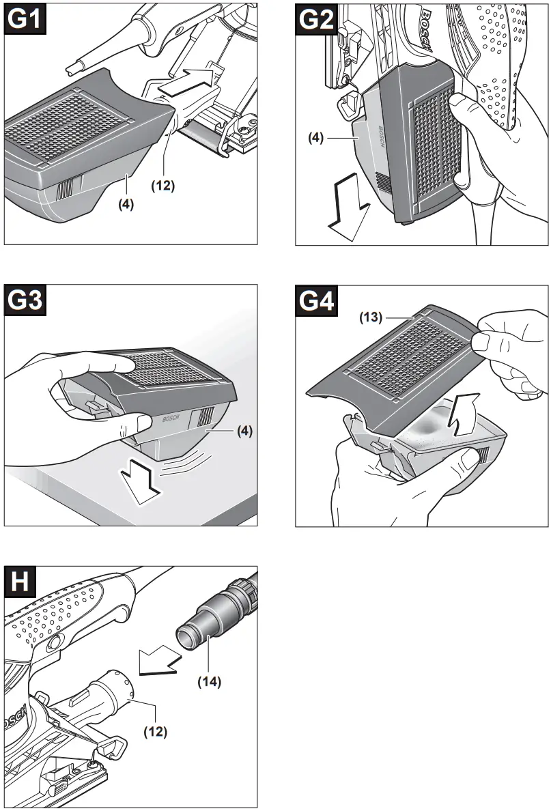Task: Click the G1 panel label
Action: pos(26,20)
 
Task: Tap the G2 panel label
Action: pos(317,20)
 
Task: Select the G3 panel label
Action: pos(26,301)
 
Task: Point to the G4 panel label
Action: pos(317,301)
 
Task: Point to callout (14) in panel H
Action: pos(210,681)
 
